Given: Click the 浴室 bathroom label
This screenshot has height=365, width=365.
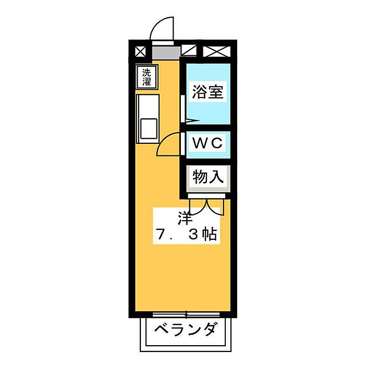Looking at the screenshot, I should point(208,93).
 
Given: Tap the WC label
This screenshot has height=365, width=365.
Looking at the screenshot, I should point(208,142).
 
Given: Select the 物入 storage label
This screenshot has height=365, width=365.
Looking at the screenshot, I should point(208,177).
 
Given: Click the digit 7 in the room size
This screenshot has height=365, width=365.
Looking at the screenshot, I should point(161,235).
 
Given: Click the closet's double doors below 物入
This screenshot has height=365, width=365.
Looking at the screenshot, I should point(208,205).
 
